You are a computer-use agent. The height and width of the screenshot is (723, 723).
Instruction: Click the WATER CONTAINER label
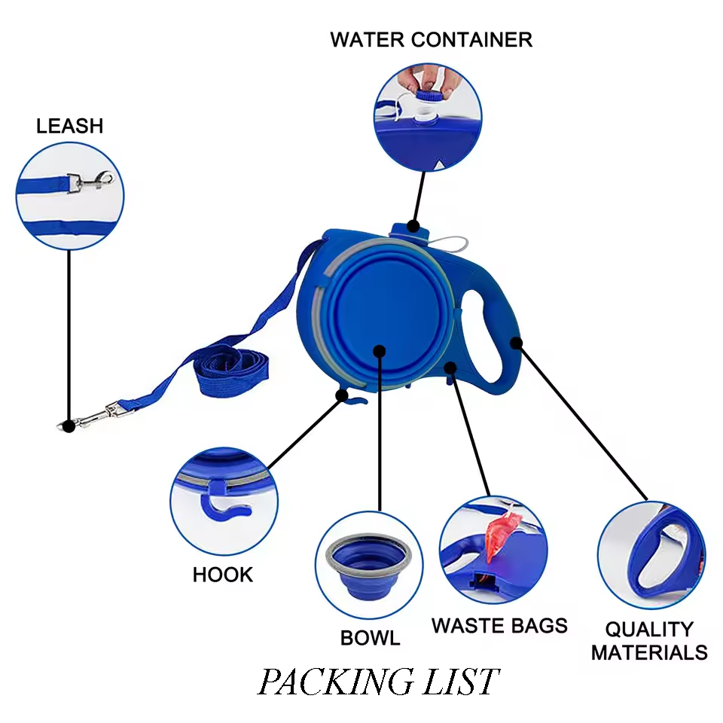pyautogui.click(x=431, y=40)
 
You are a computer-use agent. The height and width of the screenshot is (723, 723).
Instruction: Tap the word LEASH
pyautogui.click(x=69, y=126)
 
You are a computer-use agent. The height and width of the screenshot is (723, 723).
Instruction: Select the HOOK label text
pyautogui.click(x=223, y=575)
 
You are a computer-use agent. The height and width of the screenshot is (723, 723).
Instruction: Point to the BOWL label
pyautogui.click(x=370, y=638)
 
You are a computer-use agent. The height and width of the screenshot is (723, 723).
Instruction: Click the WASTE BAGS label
pyautogui.click(x=499, y=626)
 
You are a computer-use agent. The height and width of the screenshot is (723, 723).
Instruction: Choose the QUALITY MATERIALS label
pyautogui.click(x=649, y=641)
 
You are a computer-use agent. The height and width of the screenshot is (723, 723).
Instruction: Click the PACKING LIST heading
pyautogui.click(x=378, y=682)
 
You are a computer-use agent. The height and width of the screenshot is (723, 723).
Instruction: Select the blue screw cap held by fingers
pyautogui.click(x=429, y=96)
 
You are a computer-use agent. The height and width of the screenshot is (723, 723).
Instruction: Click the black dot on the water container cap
pyautogui.click(x=413, y=227)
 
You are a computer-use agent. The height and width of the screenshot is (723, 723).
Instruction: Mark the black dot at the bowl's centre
pyautogui.click(x=380, y=352)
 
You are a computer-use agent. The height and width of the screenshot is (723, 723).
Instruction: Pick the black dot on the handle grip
pyautogui.click(x=517, y=343)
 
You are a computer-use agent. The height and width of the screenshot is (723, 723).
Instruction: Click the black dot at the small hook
pyautogui.click(x=342, y=395)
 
